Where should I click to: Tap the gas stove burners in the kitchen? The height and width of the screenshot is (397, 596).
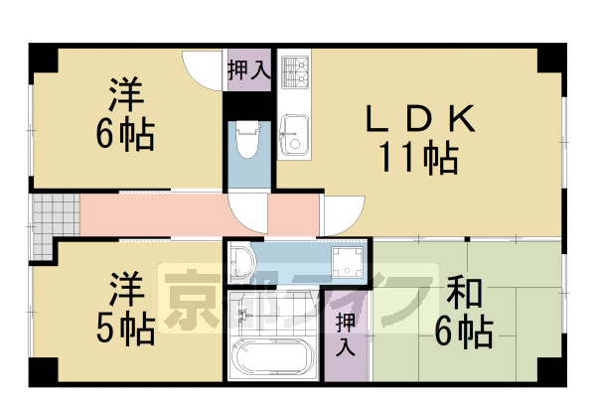(295, 72)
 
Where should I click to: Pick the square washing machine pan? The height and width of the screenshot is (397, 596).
(348, 262)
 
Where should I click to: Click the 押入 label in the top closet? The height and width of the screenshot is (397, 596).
(247, 70)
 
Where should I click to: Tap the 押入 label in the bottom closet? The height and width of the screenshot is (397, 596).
(344, 335)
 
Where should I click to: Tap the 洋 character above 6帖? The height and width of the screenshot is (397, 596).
(126, 96)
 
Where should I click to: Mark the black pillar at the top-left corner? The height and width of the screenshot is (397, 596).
(42, 57)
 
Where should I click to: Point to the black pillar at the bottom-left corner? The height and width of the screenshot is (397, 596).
(42, 371)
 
